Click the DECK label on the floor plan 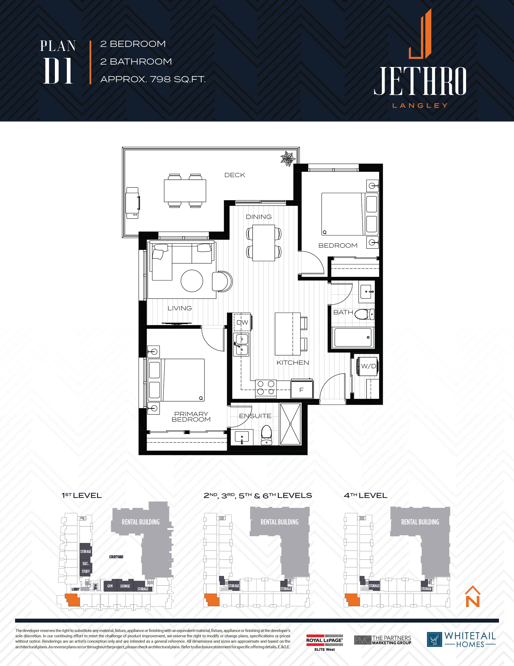coord(235,175)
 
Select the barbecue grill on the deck coord(133,203)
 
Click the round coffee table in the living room coord(192,281)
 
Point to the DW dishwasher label coord(242,322)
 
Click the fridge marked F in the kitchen coord(302,389)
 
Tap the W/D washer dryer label coord(368,366)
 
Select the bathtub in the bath coord(353,337)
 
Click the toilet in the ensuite coord(267,435)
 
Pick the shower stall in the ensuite coord(290,424)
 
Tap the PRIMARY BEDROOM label coord(191,416)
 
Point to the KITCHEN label coord(293,363)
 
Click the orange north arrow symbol coord(473,597)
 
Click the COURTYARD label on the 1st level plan coord(116,557)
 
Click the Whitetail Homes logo coord(461,639)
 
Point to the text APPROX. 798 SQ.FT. coord(153,79)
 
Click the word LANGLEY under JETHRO coord(420,106)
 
